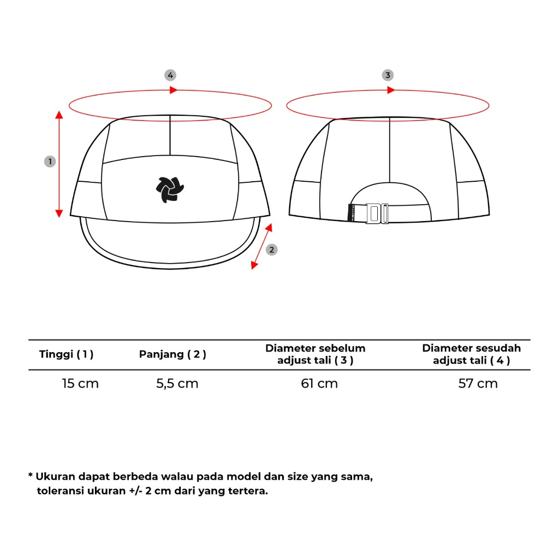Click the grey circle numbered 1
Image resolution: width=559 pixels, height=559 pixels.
50,162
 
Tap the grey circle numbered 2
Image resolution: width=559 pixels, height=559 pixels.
272,249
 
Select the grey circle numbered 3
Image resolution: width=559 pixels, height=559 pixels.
388,75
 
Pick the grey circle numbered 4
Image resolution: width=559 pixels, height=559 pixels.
171,75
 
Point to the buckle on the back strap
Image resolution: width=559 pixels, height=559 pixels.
377,213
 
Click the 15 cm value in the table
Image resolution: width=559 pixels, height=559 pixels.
80,383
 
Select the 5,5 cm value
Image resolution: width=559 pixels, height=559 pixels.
177,383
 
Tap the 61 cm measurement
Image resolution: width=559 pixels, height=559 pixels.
319,383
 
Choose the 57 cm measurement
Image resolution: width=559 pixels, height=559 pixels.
478,383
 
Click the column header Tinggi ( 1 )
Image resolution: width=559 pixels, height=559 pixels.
67,354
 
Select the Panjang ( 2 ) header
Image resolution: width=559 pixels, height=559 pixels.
173,354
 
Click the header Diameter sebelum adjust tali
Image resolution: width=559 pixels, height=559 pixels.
316,354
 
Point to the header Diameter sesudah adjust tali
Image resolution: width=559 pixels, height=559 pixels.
472,354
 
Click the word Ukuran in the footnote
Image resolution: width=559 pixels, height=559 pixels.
56,477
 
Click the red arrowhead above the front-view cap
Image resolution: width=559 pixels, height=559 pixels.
174,90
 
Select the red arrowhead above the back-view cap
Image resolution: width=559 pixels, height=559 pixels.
391,90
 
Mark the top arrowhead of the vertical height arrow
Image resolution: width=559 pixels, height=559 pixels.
60,114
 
